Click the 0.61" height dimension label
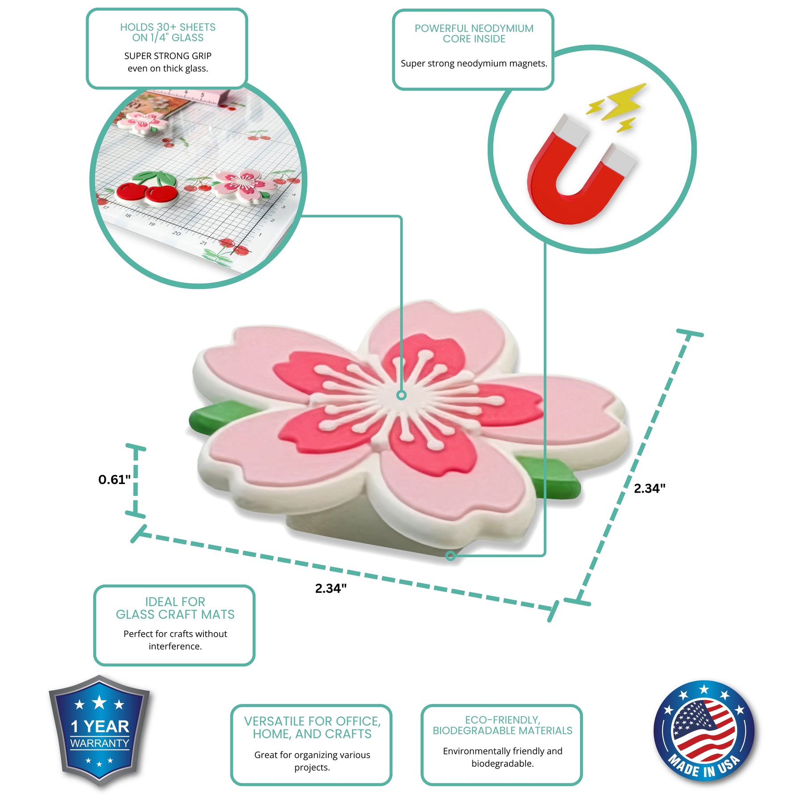tap(115, 480)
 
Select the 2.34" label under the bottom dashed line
tap(331, 588)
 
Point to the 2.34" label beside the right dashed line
tap(650, 488)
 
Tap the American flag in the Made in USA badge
tap(704, 731)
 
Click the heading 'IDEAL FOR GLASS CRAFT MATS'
tap(175, 608)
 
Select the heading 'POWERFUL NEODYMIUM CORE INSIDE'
tap(474, 33)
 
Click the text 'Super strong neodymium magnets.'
tap(474, 63)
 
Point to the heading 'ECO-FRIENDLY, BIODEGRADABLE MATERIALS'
tap(502, 725)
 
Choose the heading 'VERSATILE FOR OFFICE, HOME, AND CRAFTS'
tap(312, 728)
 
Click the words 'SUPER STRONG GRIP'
tap(168, 56)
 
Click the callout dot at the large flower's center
tap(401, 395)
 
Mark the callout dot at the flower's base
tap(451, 555)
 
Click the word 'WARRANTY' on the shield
tap(99, 743)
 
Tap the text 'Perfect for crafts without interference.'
tap(175, 640)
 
